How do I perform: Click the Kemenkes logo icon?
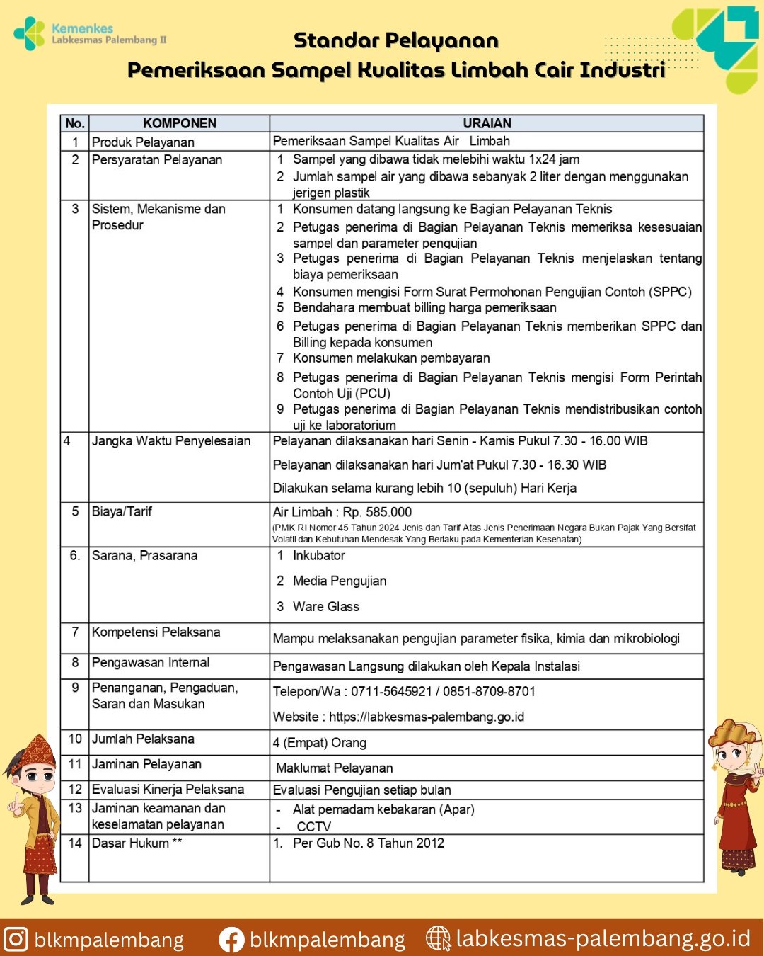(29, 33)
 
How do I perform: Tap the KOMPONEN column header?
(180, 123)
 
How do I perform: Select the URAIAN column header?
(487, 123)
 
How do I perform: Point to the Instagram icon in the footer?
(16, 939)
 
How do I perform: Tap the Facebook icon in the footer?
(231, 940)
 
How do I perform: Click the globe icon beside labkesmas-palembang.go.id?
(438, 938)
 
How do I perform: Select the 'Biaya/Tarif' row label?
(122, 511)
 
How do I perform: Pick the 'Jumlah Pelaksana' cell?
(143, 739)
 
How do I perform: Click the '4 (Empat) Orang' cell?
(320, 743)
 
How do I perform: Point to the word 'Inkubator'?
(319, 556)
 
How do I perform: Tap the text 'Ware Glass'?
(326, 607)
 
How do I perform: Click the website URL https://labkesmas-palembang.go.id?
(427, 717)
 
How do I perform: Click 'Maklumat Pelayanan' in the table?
(335, 768)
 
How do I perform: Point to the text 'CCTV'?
(314, 826)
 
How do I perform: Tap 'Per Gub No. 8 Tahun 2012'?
(369, 843)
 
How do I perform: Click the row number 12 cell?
(75, 789)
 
